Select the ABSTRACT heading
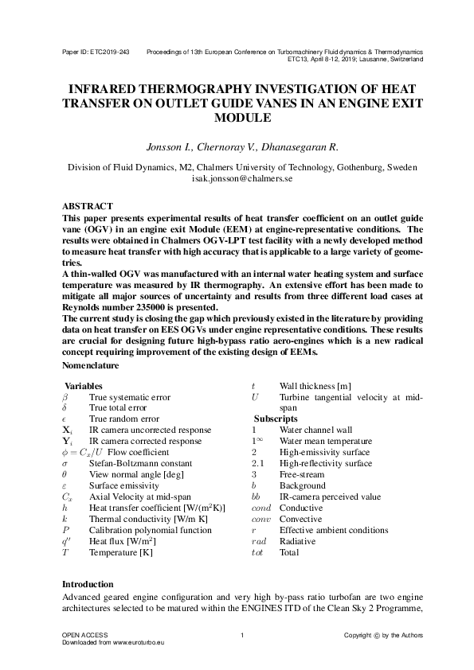click(x=88, y=205)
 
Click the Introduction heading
click(x=88, y=584)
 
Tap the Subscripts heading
click(x=276, y=419)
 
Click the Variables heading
click(x=84, y=385)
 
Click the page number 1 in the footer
click(x=241, y=634)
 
